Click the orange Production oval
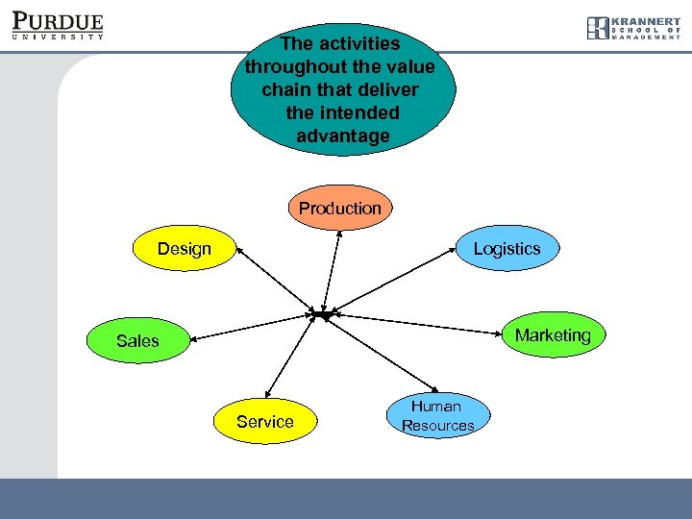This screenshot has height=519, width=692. (x=339, y=208)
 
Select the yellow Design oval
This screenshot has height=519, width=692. (x=185, y=249)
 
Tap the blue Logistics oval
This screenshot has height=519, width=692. (x=507, y=248)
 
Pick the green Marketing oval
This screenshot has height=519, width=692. (x=553, y=334)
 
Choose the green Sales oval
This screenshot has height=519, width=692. (x=137, y=340)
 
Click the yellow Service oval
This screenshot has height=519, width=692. (x=264, y=421)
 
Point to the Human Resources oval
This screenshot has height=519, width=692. (x=437, y=415)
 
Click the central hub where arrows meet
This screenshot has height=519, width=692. (x=322, y=315)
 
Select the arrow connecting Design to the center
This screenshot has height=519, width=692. (x=277, y=281)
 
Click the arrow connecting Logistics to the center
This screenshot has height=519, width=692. (x=394, y=279)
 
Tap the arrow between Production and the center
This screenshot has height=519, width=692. (x=333, y=269)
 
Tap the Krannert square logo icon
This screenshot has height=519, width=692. (x=598, y=28)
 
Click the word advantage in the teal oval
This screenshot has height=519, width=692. (x=343, y=136)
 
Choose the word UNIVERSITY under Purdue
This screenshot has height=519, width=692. (x=58, y=37)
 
